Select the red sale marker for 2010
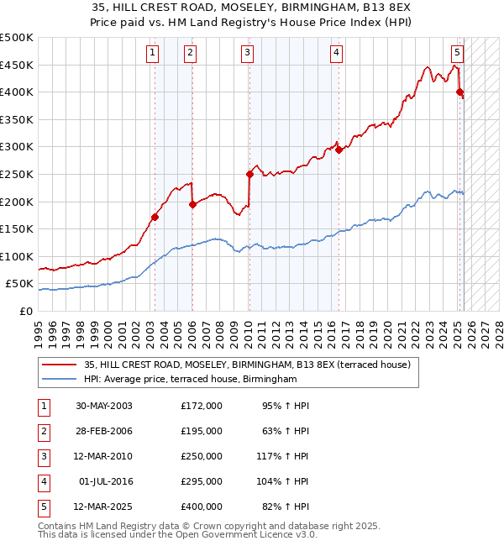tap(249, 174)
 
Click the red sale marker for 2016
tap(339, 150)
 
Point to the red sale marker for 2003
tap(155, 217)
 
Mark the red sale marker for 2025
tap(459, 92)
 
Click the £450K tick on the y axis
tap(17, 65)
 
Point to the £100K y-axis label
tap(17, 256)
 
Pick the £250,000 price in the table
tap(202, 456)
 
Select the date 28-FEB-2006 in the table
tap(103, 431)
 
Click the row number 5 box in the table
tap(42, 507)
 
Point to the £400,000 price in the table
tap(202, 507)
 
